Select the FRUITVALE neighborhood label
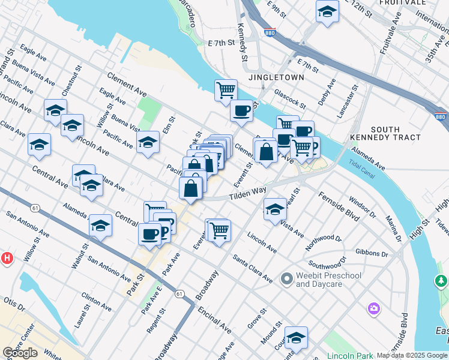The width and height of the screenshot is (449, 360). pyautogui.click(x=402, y=3)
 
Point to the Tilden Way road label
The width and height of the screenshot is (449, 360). pyautogui.click(x=247, y=192)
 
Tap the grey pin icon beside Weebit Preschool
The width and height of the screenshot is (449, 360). pyautogui.click(x=286, y=278)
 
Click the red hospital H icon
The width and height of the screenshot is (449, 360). pyautogui.click(x=7, y=259)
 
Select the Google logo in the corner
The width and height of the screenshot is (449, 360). pyautogui.click(x=20, y=353)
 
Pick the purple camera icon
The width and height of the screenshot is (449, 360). pyautogui.click(x=374, y=308)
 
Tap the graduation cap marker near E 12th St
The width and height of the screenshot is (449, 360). pyautogui.click(x=327, y=11)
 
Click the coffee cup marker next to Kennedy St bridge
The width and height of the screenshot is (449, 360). pyautogui.click(x=241, y=111)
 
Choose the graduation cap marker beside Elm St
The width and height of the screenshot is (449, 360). pyautogui.click(x=148, y=143)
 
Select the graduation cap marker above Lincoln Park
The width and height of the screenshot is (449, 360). pyautogui.click(x=296, y=338)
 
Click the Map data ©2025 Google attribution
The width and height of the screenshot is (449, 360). pyautogui.click(x=412, y=355)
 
